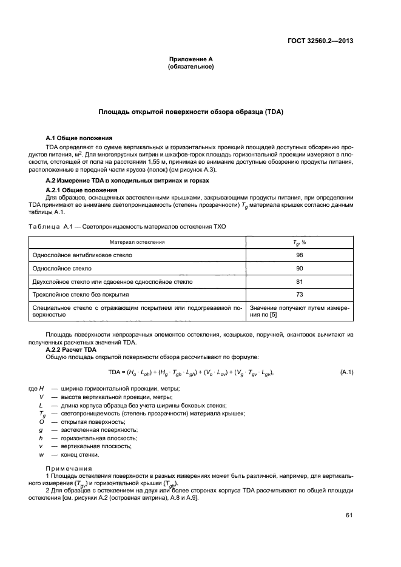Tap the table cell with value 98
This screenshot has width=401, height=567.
[299, 255]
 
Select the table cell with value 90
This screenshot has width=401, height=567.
[299, 268]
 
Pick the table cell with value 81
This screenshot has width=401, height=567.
[299, 281]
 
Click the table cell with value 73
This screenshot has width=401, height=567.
[299, 295]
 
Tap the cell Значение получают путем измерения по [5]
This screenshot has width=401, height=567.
[299, 312]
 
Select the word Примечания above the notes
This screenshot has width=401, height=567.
[69, 468]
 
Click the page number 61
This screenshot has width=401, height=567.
[349, 515]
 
